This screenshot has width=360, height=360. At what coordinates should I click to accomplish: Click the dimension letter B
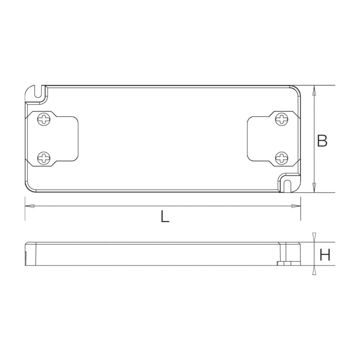tap(322, 141)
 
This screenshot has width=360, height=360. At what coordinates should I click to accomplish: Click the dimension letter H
tap(325, 256)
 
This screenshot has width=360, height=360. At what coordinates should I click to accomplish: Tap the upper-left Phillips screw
tap(44, 120)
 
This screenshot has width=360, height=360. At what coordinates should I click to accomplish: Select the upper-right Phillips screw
tap(282, 120)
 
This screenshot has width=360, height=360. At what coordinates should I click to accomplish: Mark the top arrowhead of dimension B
tap(314, 90)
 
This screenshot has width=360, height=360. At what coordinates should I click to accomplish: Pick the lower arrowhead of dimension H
tap(314, 270)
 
